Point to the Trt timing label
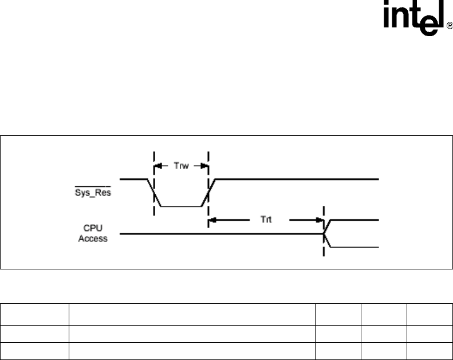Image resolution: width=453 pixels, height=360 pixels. [x=261, y=219]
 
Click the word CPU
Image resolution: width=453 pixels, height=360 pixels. [x=92, y=228]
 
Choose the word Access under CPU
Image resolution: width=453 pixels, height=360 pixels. [x=92, y=238]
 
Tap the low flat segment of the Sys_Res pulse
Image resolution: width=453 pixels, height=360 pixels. [x=181, y=206]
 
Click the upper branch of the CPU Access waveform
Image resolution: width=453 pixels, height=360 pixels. [x=355, y=220]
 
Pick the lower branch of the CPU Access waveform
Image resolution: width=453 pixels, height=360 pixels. [x=355, y=248]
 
